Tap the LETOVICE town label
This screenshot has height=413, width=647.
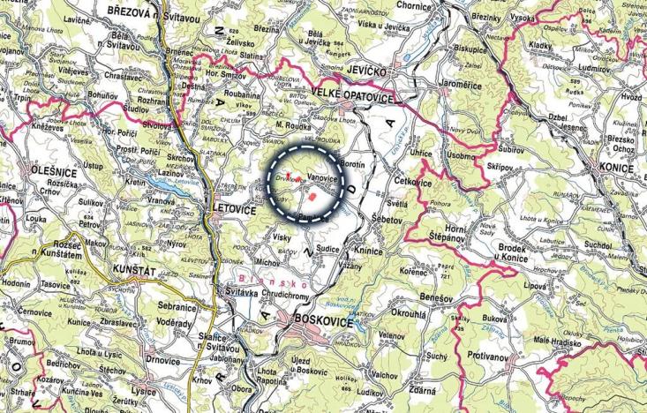[x=234, y=210]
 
